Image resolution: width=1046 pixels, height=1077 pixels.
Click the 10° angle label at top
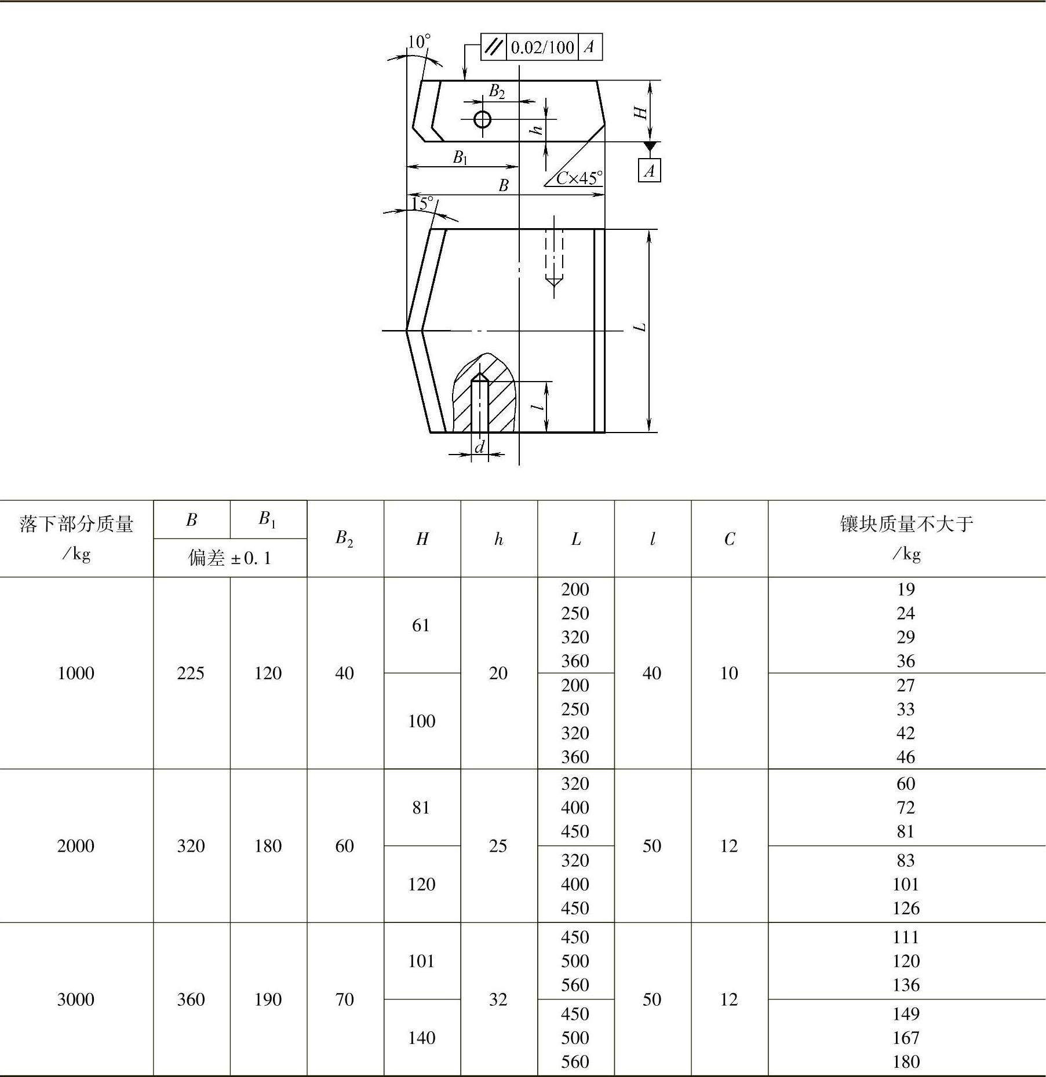[x=419, y=42]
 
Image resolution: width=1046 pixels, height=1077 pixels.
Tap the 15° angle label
[x=422, y=203]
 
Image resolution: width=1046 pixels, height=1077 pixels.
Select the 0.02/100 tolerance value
[x=542, y=47]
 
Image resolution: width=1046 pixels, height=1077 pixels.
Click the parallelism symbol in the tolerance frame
[x=494, y=47]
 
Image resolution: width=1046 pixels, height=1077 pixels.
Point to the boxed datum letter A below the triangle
[x=649, y=171]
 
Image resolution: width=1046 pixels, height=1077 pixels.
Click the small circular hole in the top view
[x=482, y=119]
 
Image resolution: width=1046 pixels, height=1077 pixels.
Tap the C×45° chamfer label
[x=579, y=178]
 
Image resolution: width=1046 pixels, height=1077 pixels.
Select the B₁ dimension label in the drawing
[x=460, y=157]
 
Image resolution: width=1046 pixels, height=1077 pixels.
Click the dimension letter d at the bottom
[x=479, y=447]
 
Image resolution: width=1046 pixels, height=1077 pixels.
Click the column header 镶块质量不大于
[x=906, y=524]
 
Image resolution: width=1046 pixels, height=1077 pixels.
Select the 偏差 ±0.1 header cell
[x=230, y=558]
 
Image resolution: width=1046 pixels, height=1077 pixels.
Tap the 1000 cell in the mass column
[x=76, y=673]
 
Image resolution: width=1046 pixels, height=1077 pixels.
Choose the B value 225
[x=191, y=673]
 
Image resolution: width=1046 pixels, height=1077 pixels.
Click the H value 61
[x=421, y=625]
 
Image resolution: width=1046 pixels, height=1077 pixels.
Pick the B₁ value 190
[x=268, y=999]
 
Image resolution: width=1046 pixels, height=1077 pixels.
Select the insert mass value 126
[x=906, y=908]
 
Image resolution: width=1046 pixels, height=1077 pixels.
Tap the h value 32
[x=498, y=999]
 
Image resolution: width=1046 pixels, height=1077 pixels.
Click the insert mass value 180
[x=906, y=1061]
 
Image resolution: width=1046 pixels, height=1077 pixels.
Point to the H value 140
[x=421, y=1038]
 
